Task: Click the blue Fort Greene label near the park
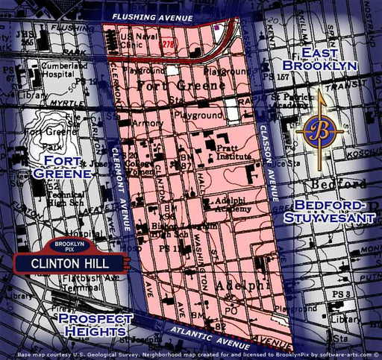click(x=67, y=168)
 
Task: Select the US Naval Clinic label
click(x=139, y=41)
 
